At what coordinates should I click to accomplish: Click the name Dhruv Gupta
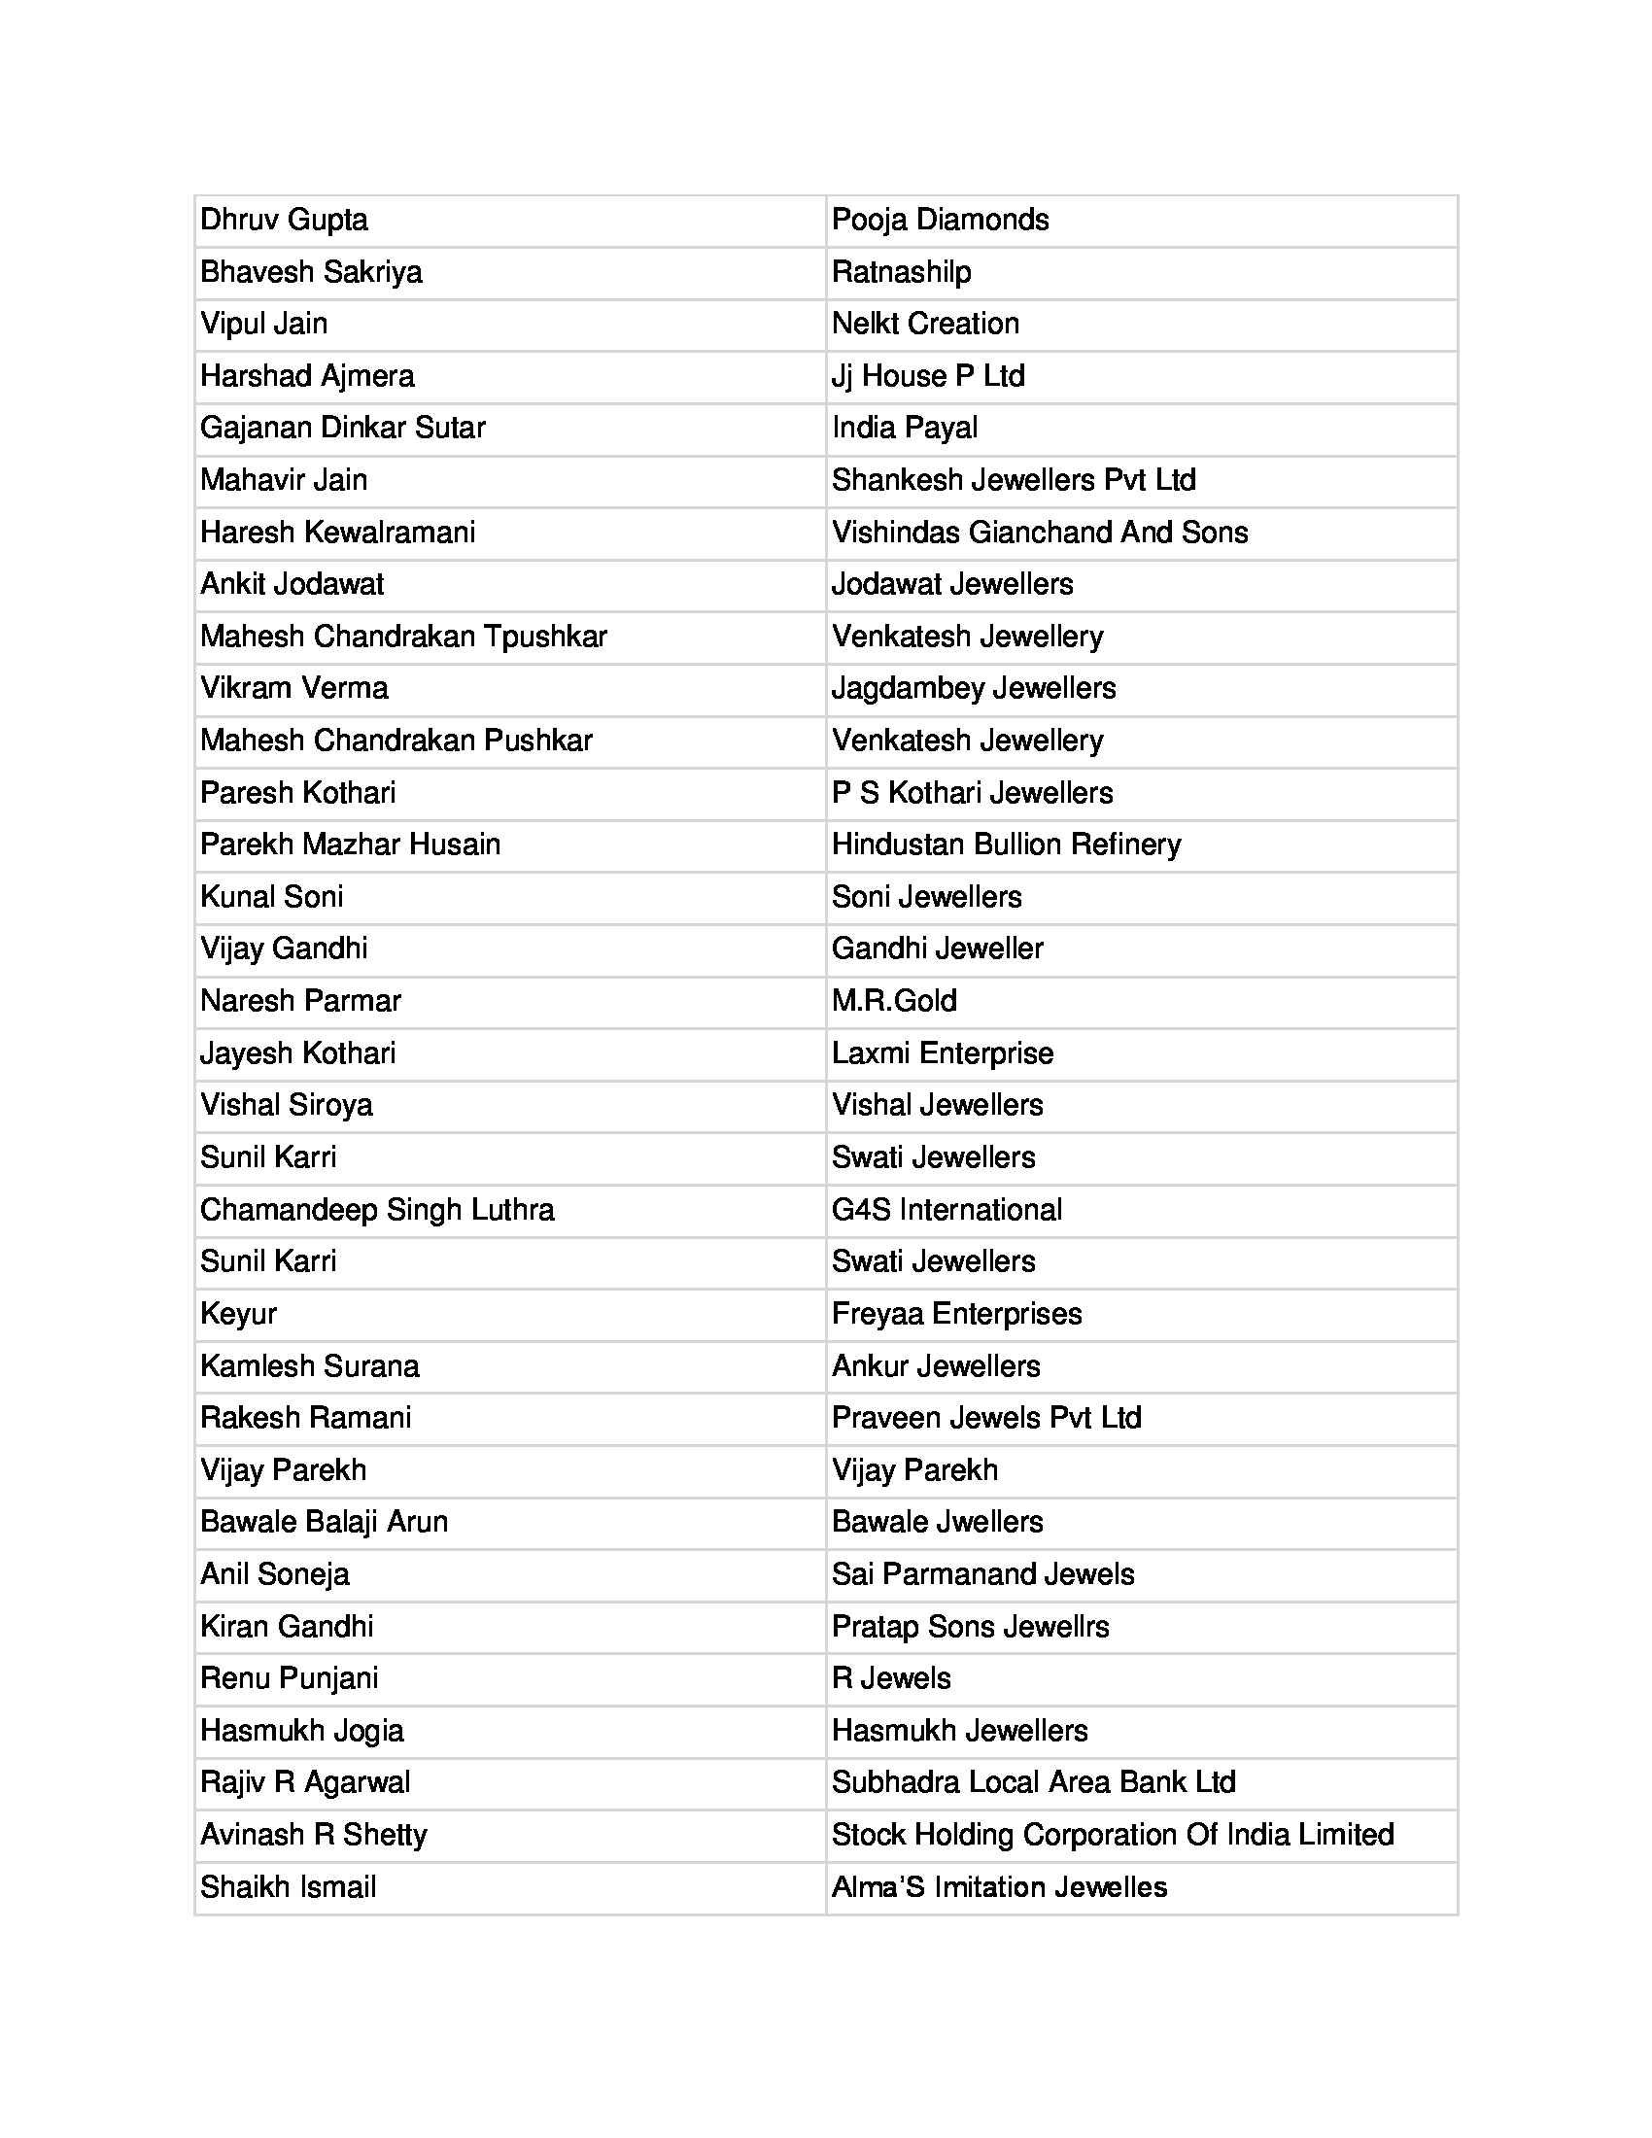coord(284,221)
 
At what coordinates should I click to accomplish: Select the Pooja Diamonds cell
coord(940,221)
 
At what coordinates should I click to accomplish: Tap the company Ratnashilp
coord(902,272)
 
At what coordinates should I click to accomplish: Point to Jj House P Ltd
coord(928,376)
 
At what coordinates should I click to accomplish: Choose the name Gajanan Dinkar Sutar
coord(342,428)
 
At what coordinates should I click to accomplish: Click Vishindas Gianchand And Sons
coord(1040,533)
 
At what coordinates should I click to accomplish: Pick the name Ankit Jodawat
coord(292,584)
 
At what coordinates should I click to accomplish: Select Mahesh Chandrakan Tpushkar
coord(403,637)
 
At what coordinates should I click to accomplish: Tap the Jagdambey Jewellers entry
coord(973,688)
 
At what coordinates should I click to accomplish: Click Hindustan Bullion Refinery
coord(1006,845)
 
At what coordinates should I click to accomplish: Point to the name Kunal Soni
coord(271,897)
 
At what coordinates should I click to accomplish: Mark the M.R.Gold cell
coord(893,1000)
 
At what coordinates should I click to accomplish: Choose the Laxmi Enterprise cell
coord(943,1053)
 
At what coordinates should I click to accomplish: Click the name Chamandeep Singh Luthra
coord(377,1210)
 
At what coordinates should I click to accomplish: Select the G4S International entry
coord(946,1210)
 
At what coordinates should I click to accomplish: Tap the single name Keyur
coord(238,1314)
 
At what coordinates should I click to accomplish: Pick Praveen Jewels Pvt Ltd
coord(986,1418)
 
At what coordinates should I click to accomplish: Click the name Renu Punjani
coord(289,1678)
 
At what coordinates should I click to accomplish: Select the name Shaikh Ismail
coord(288,1886)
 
